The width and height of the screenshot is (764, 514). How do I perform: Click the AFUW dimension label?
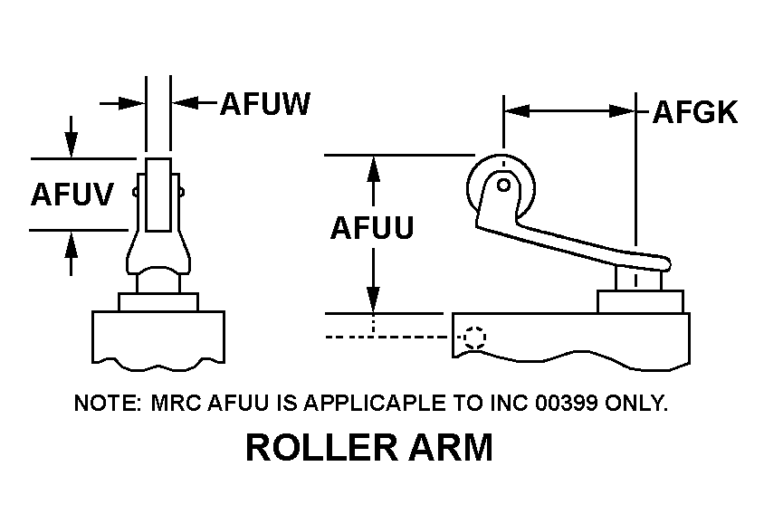265,105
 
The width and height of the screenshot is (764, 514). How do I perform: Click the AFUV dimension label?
72,194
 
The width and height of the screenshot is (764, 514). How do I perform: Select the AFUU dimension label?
371,228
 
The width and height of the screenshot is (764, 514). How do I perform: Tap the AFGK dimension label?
694,112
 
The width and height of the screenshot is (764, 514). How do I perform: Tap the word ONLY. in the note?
638,403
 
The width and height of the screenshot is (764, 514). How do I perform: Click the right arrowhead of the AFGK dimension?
624,111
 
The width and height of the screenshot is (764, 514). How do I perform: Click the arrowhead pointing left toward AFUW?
184,103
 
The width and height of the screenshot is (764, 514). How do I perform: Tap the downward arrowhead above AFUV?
71,145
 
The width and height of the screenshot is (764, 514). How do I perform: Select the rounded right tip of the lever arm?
667,263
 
